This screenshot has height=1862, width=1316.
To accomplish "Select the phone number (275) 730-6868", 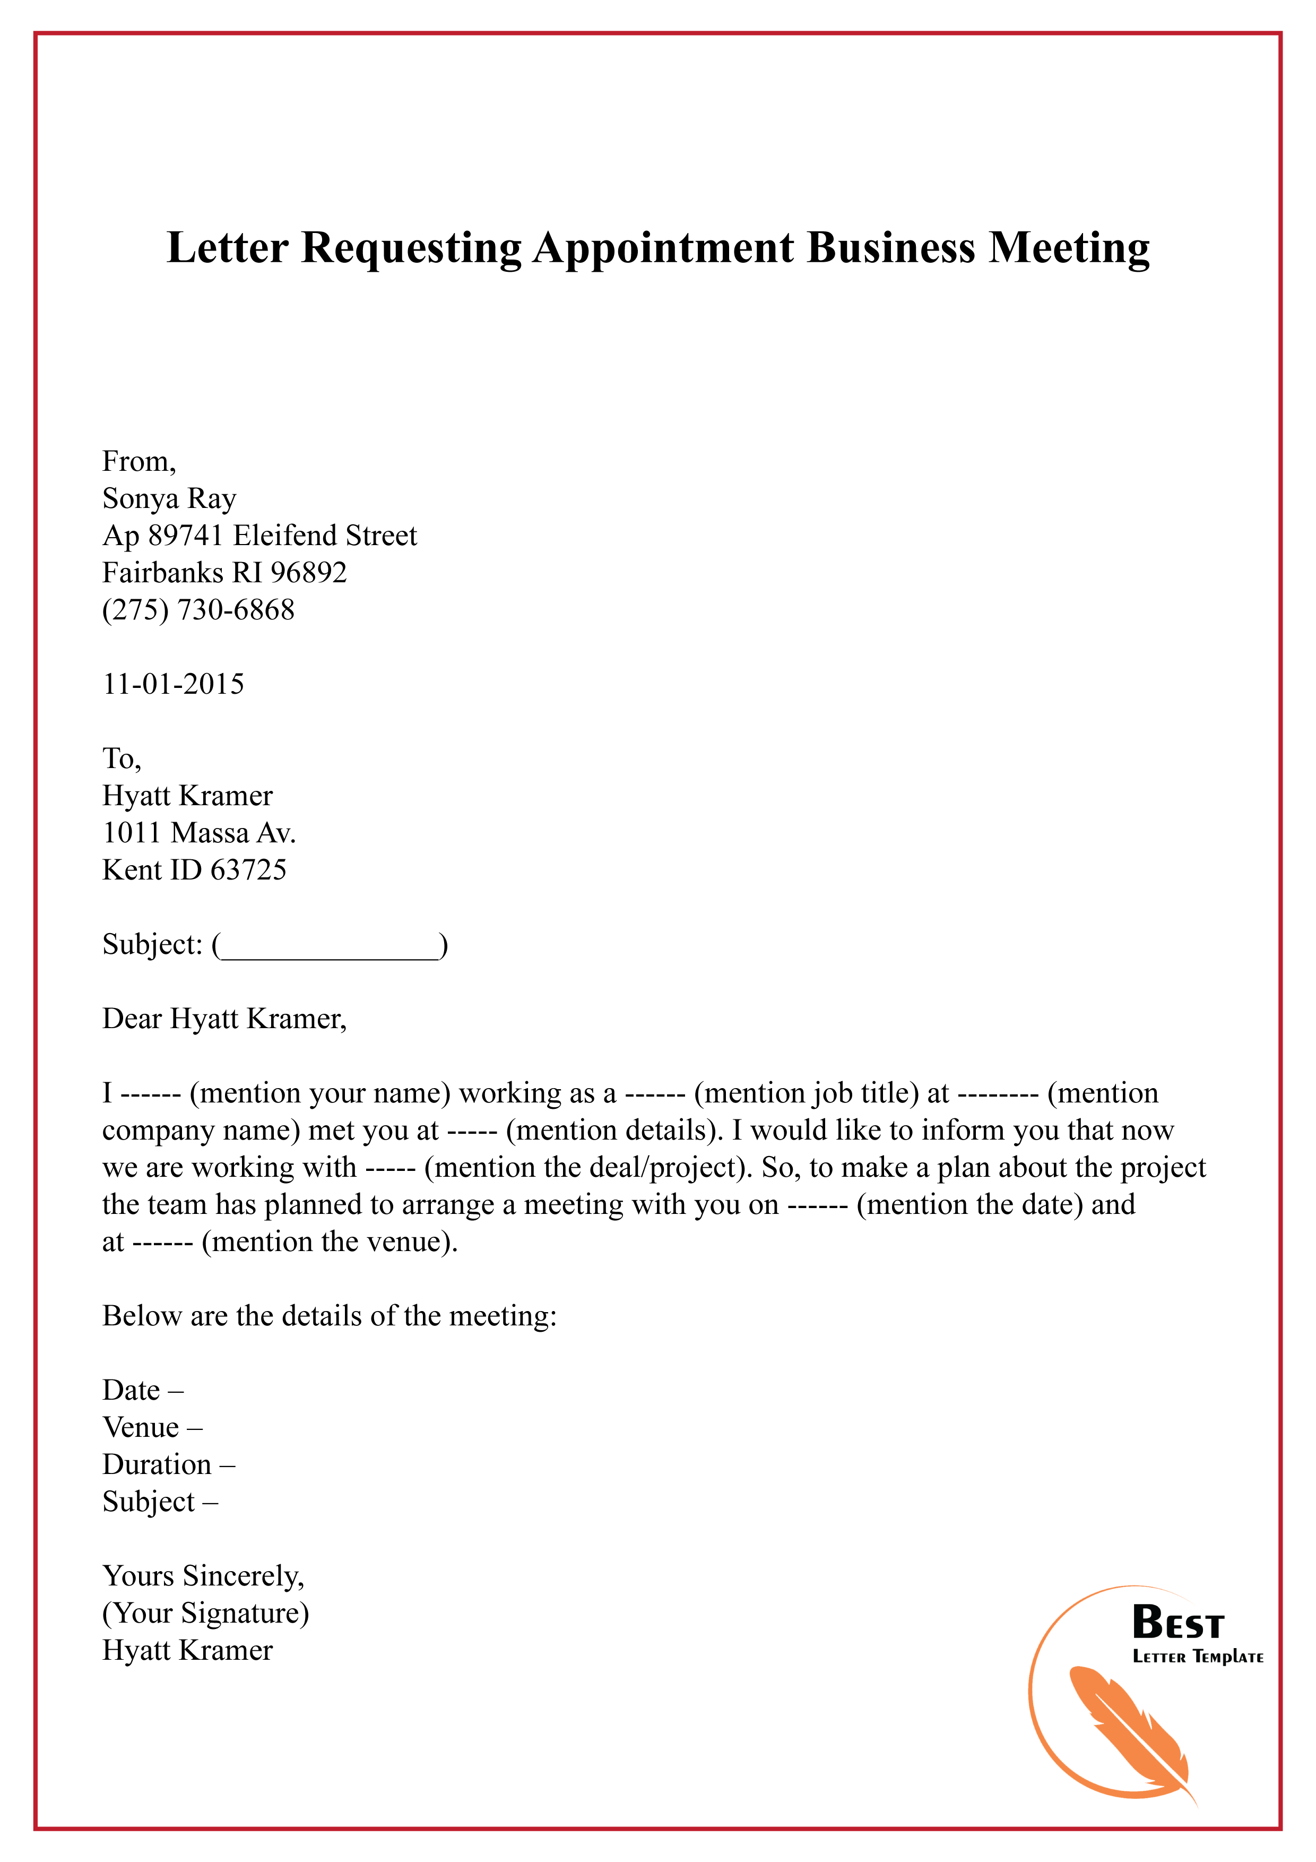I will point(198,610).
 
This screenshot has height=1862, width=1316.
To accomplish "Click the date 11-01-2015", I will point(172,685).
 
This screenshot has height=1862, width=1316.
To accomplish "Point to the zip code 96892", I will point(308,573).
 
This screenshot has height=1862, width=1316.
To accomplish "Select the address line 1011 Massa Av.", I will point(198,833).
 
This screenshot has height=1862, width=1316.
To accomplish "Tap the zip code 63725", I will point(248,870).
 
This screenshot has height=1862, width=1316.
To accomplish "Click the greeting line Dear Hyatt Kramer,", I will point(224,1019).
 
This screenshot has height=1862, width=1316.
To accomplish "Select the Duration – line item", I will point(168,1464).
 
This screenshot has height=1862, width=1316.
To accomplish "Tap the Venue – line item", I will point(152,1427).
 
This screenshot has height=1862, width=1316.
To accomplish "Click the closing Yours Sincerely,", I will point(203,1576).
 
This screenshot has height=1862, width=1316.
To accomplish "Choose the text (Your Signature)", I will point(205,1613).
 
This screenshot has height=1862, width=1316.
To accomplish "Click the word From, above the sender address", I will point(138,461).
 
